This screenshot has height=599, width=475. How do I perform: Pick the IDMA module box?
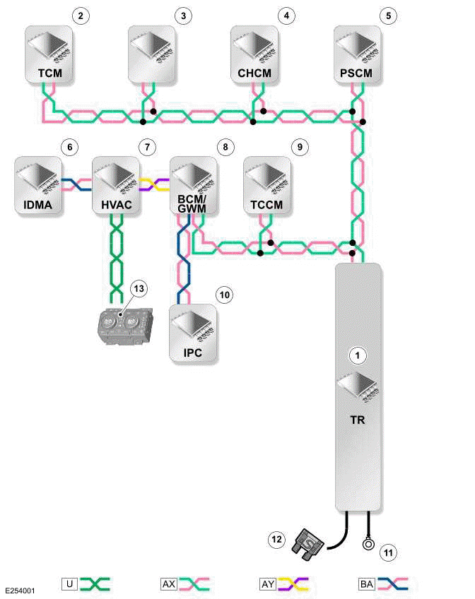(39, 184)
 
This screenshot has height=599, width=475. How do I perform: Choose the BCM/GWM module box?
(193, 184)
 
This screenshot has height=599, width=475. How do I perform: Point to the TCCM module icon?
(266, 177)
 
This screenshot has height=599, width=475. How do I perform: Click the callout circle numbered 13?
(140, 289)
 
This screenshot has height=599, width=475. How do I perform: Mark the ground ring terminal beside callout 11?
(368, 545)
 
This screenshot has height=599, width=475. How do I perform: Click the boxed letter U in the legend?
(69, 583)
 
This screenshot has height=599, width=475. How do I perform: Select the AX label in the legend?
(169, 583)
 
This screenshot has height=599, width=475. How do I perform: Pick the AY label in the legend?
(268, 583)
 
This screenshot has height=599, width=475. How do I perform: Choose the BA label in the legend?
(367, 583)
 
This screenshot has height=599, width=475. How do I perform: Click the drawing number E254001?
(20, 588)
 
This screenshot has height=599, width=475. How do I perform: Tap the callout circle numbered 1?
(358, 355)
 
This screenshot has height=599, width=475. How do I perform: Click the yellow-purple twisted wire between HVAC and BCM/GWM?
(153, 185)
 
